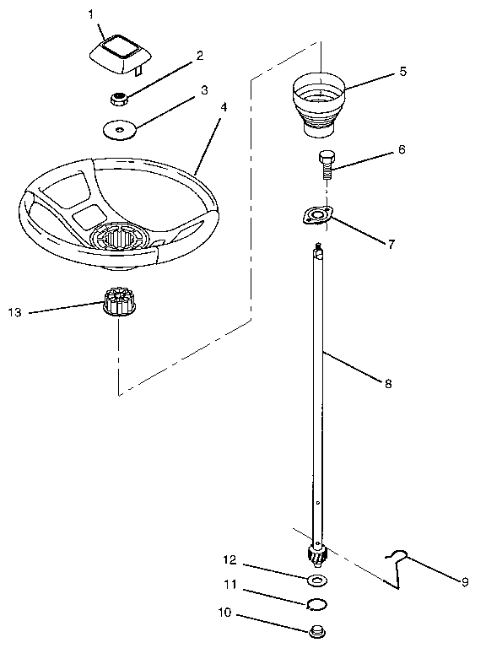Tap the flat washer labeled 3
tap(120, 131)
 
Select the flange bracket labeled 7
tap(316, 216)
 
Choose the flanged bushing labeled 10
tap(317, 630)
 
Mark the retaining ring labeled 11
tap(317, 603)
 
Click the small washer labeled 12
tap(317, 580)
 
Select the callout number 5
tap(402, 71)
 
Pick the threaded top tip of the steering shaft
tap(318, 249)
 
